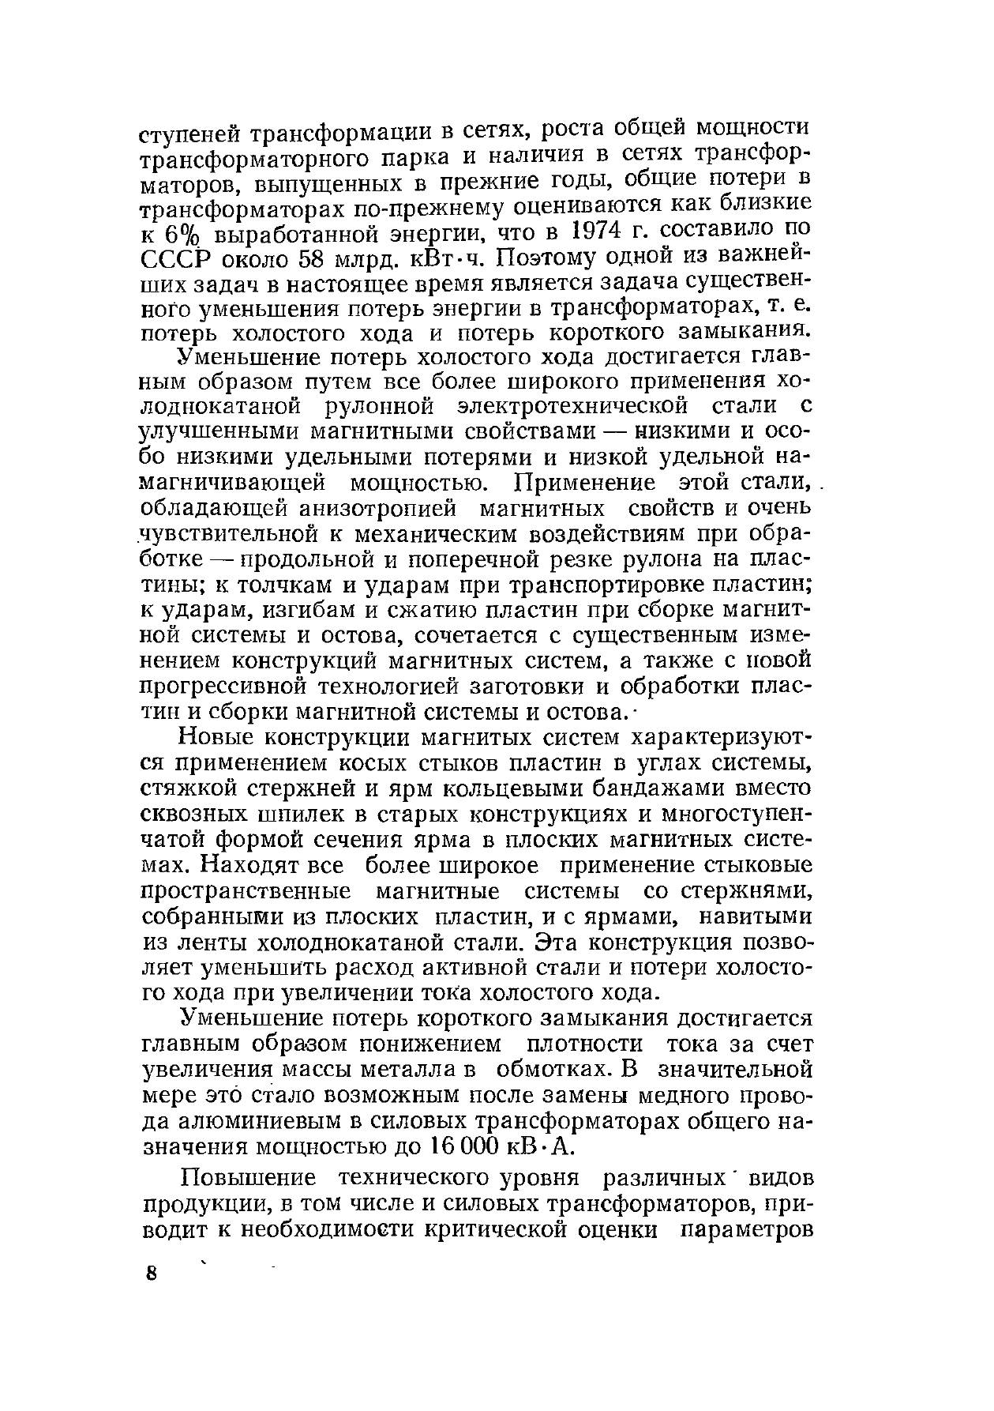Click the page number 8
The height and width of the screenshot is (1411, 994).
(x=152, y=1275)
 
